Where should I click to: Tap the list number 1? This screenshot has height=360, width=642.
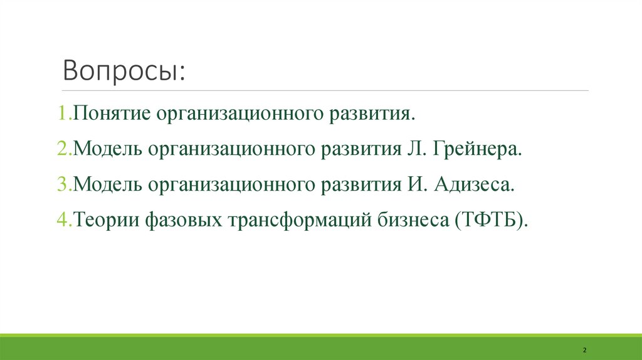pyautogui.click(x=63, y=115)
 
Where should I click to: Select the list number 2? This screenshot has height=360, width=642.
pyautogui.click(x=63, y=150)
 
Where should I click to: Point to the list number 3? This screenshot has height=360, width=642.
pyautogui.click(x=63, y=185)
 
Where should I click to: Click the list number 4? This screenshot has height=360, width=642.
pyautogui.click(x=63, y=220)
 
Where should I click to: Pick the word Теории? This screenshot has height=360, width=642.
pyautogui.click(x=107, y=220)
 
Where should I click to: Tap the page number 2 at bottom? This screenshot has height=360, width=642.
pyautogui.click(x=584, y=349)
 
